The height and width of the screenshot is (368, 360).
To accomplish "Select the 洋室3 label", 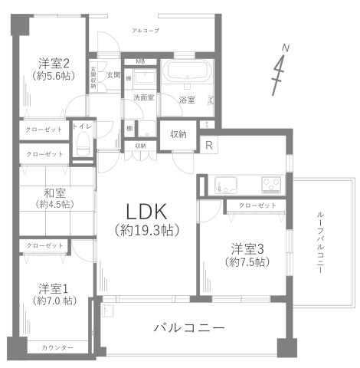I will [x=249, y=248].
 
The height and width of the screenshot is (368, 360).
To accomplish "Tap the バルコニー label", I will [x=188, y=327].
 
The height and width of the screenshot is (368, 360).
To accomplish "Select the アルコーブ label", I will [x=145, y=30].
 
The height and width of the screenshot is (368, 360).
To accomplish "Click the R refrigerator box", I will [x=208, y=144].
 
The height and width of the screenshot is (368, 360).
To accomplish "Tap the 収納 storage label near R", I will [x=178, y=134].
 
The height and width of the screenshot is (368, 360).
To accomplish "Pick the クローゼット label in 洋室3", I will [x=257, y=205].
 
